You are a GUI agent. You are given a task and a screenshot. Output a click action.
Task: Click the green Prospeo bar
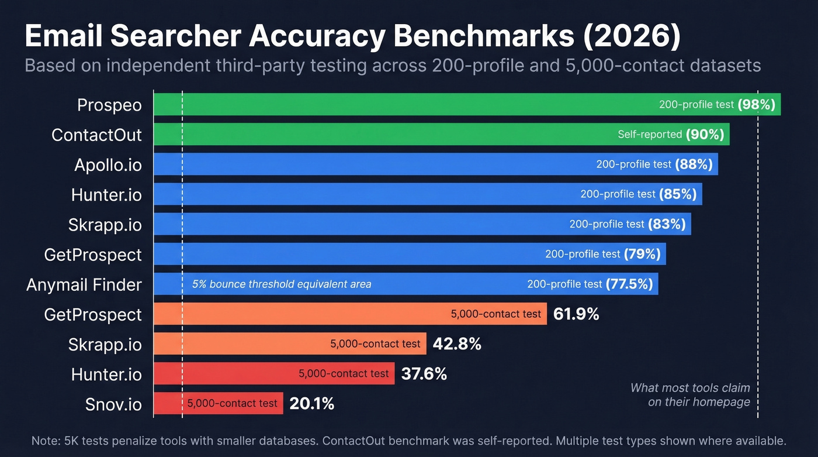pos(409,105)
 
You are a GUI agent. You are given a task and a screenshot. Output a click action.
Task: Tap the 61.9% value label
pos(576,314)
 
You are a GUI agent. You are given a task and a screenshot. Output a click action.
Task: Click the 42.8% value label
pos(457,344)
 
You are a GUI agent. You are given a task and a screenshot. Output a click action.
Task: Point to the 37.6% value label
pos(424,374)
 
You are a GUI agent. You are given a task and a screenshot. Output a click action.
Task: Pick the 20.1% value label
pos(311,403)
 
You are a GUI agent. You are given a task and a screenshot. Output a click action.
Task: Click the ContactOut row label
pos(96,135)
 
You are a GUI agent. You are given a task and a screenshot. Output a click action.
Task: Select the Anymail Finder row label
pos(84,284)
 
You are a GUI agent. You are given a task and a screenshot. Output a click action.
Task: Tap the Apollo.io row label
pos(108,165)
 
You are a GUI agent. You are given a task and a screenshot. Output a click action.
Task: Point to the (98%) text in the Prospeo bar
pos(756,105)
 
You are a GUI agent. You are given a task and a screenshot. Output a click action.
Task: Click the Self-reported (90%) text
pos(671,135)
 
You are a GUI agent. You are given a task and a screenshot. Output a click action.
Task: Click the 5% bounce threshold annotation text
pos(282,284)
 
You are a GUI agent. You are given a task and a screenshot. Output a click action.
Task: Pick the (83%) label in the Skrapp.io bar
pos(667,224)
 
